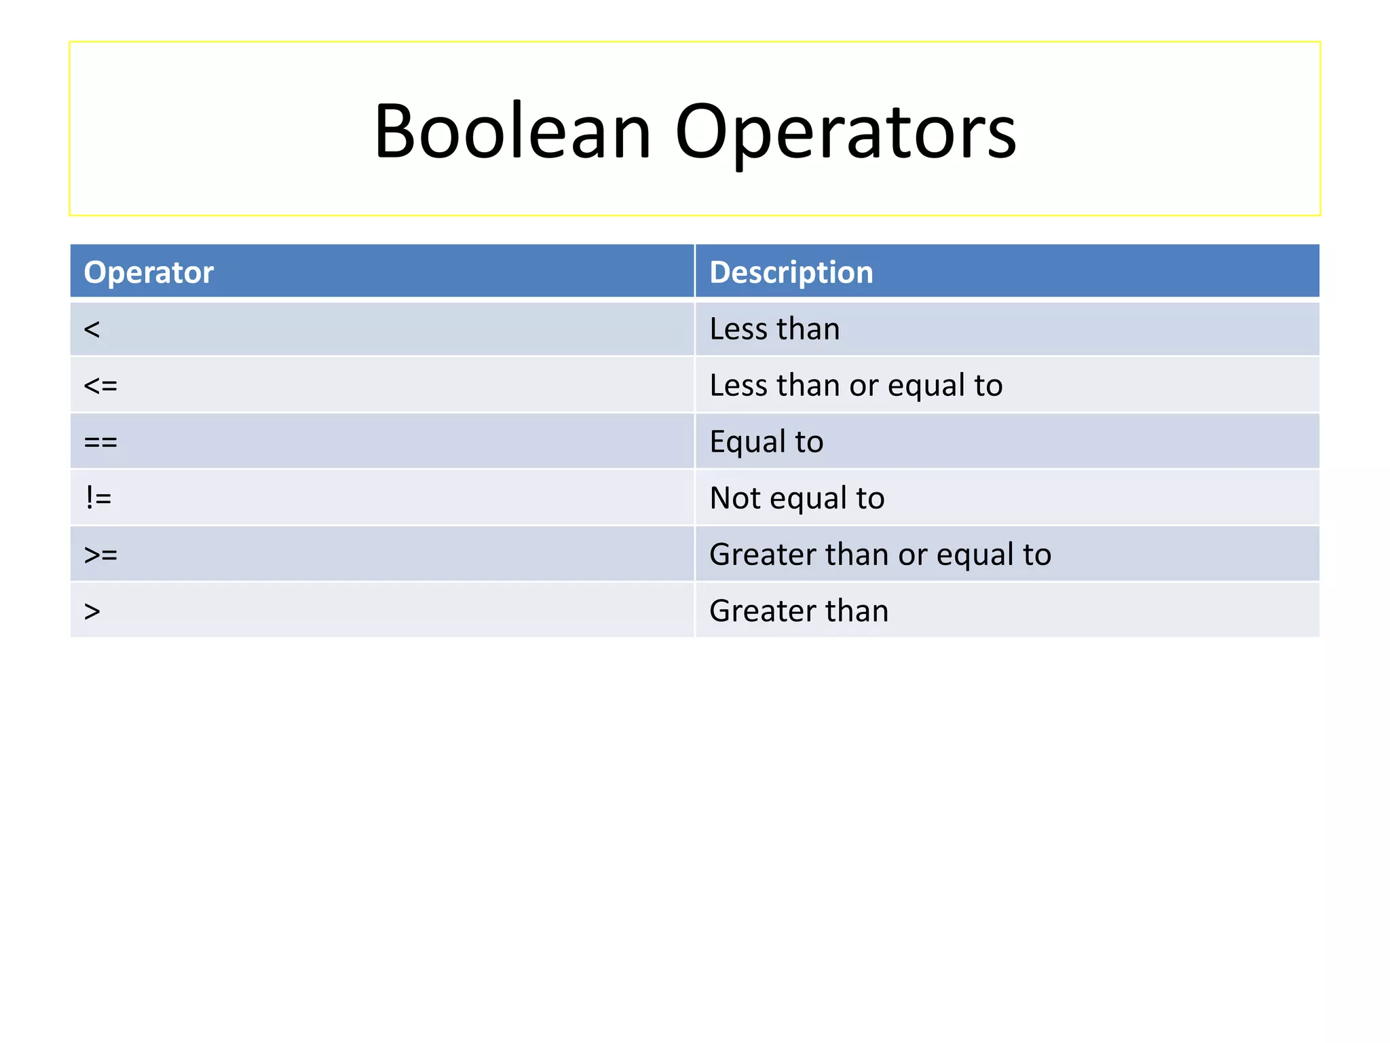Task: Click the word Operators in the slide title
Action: [845, 132]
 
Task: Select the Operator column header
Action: [149, 272]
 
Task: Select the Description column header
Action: [791, 272]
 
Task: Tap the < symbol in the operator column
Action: [92, 330]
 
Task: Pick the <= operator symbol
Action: [100, 386]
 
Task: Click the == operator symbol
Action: [100, 443]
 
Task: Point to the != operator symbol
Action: [98, 498]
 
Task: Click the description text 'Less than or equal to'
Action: [856, 386]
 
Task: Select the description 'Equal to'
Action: [766, 442]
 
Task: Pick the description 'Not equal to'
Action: [797, 498]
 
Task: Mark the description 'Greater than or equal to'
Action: [880, 555]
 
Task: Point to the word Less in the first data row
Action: [738, 329]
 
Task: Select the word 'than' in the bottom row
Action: [857, 611]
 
